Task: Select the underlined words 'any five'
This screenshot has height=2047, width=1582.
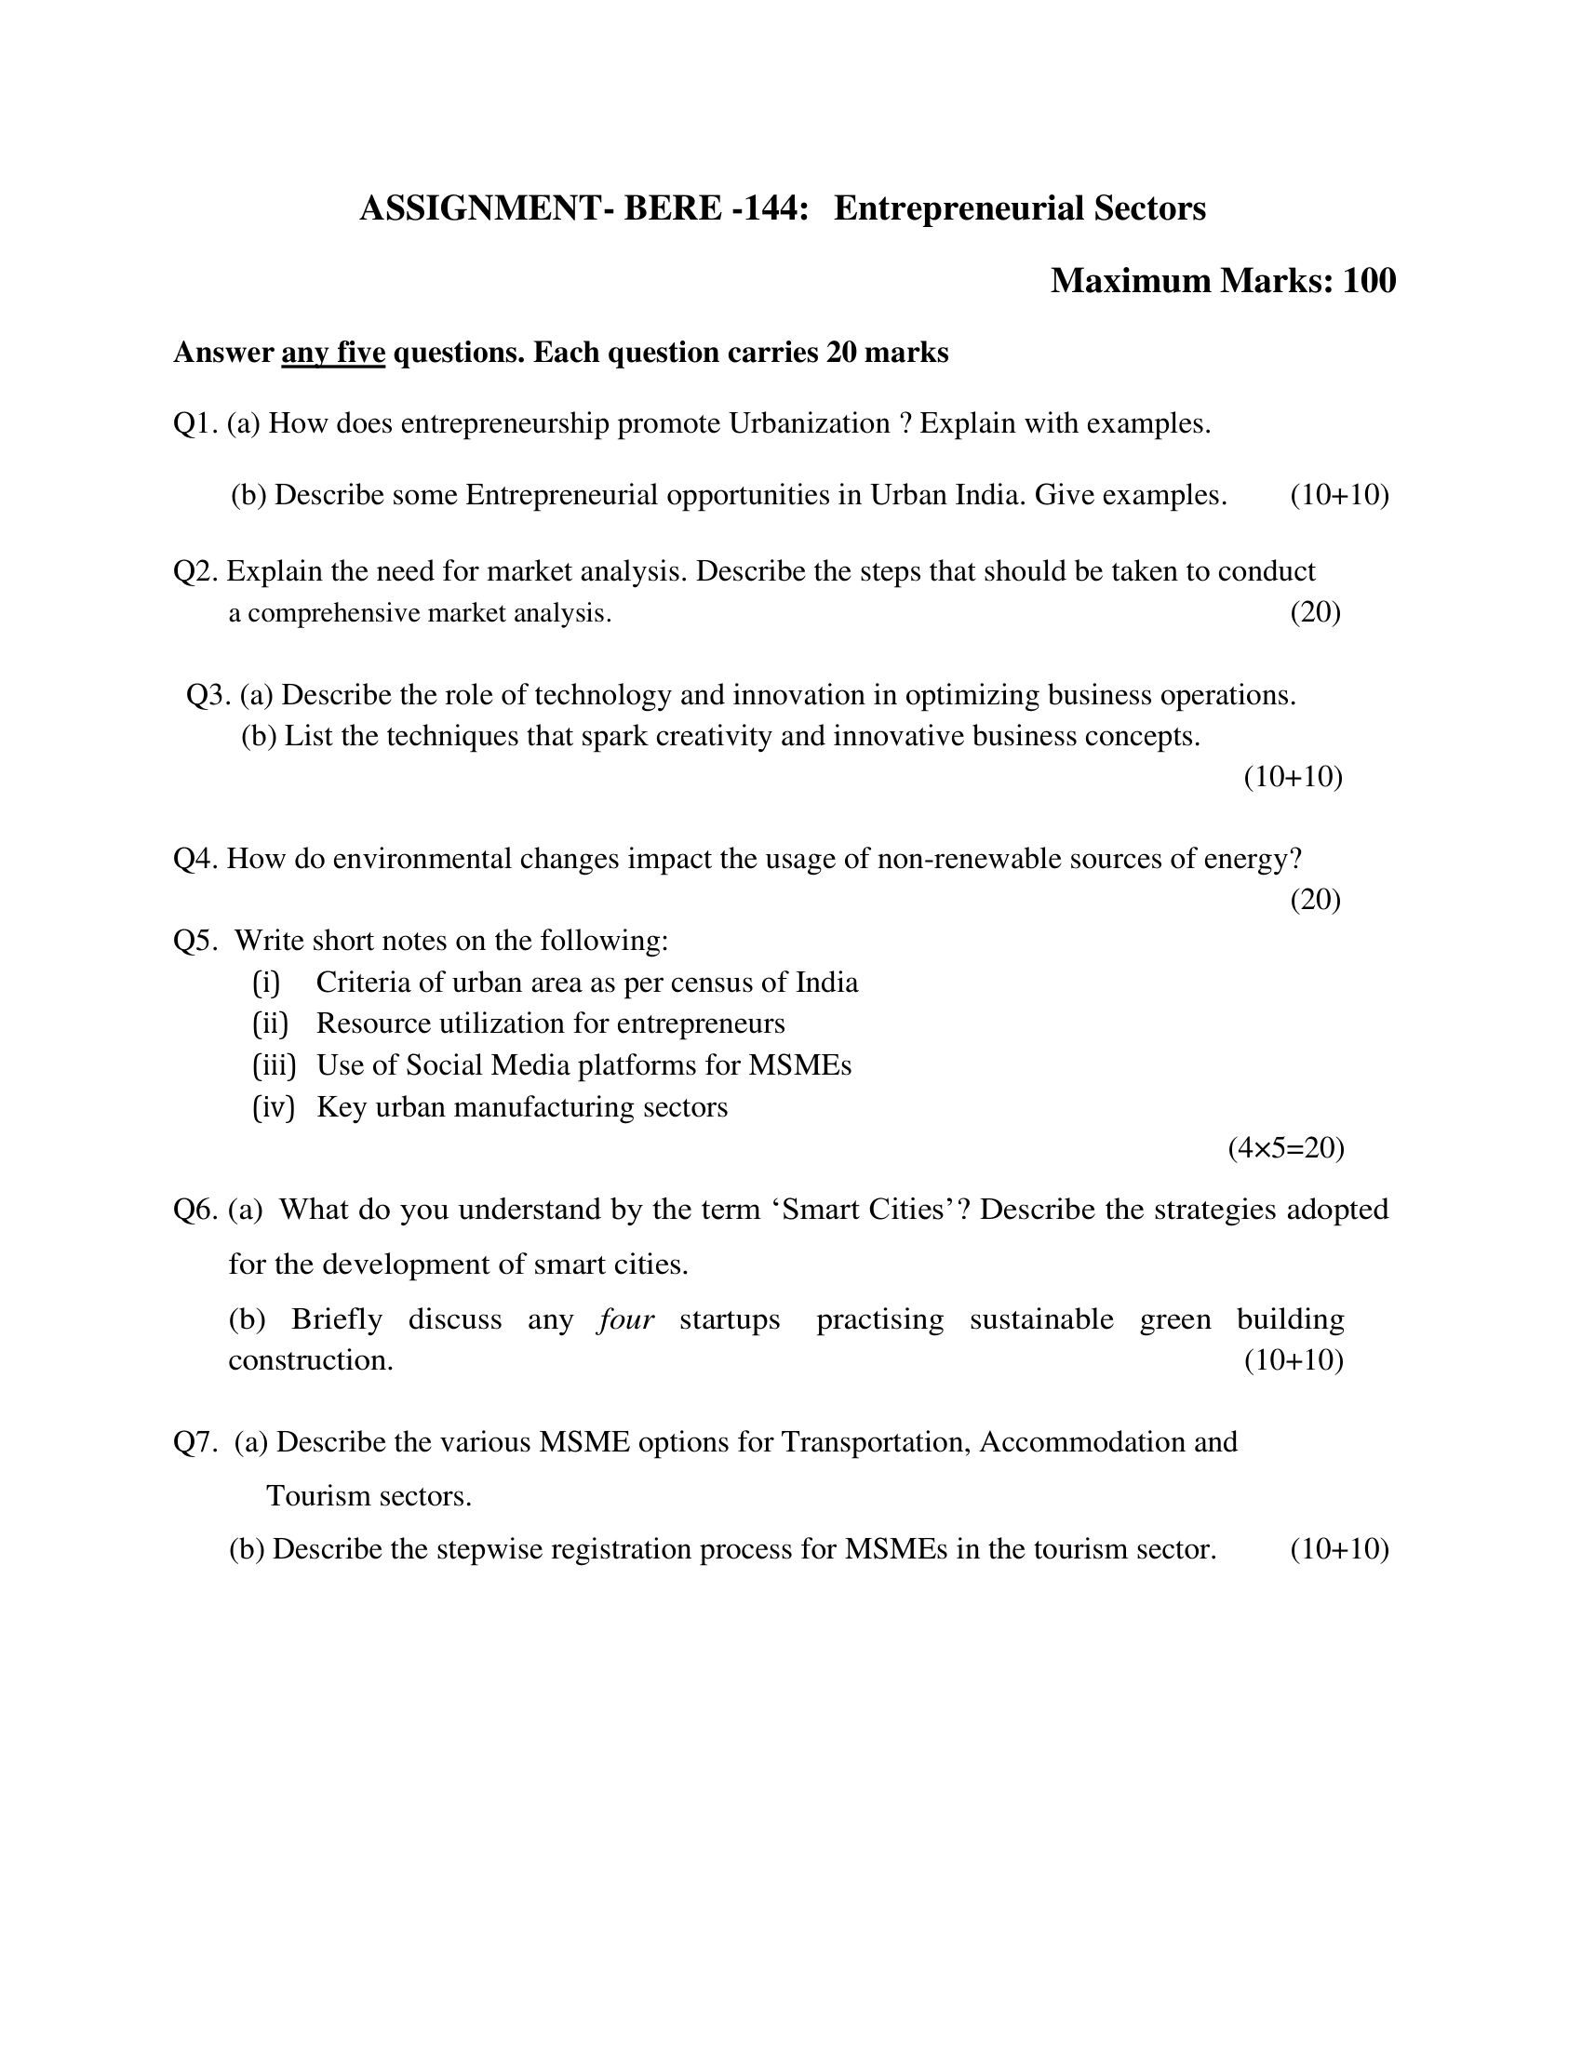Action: click(333, 354)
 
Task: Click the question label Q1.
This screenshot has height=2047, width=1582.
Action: click(195, 423)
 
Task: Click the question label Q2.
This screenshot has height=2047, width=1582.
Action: click(195, 570)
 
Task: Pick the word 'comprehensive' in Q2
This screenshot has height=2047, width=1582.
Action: click(334, 613)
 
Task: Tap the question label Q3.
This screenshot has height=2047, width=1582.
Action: click(209, 694)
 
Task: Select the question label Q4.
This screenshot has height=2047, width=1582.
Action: click(195, 859)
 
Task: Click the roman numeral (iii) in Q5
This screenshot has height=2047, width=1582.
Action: click(274, 1065)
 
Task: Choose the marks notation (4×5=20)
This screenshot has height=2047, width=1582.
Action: click(1286, 1148)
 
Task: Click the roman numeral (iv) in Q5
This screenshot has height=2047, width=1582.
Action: click(274, 1107)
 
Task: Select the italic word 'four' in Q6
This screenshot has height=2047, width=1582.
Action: click(626, 1318)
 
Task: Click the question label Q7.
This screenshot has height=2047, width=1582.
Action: click(195, 1441)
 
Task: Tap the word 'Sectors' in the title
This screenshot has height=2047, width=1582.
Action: click(1149, 208)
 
